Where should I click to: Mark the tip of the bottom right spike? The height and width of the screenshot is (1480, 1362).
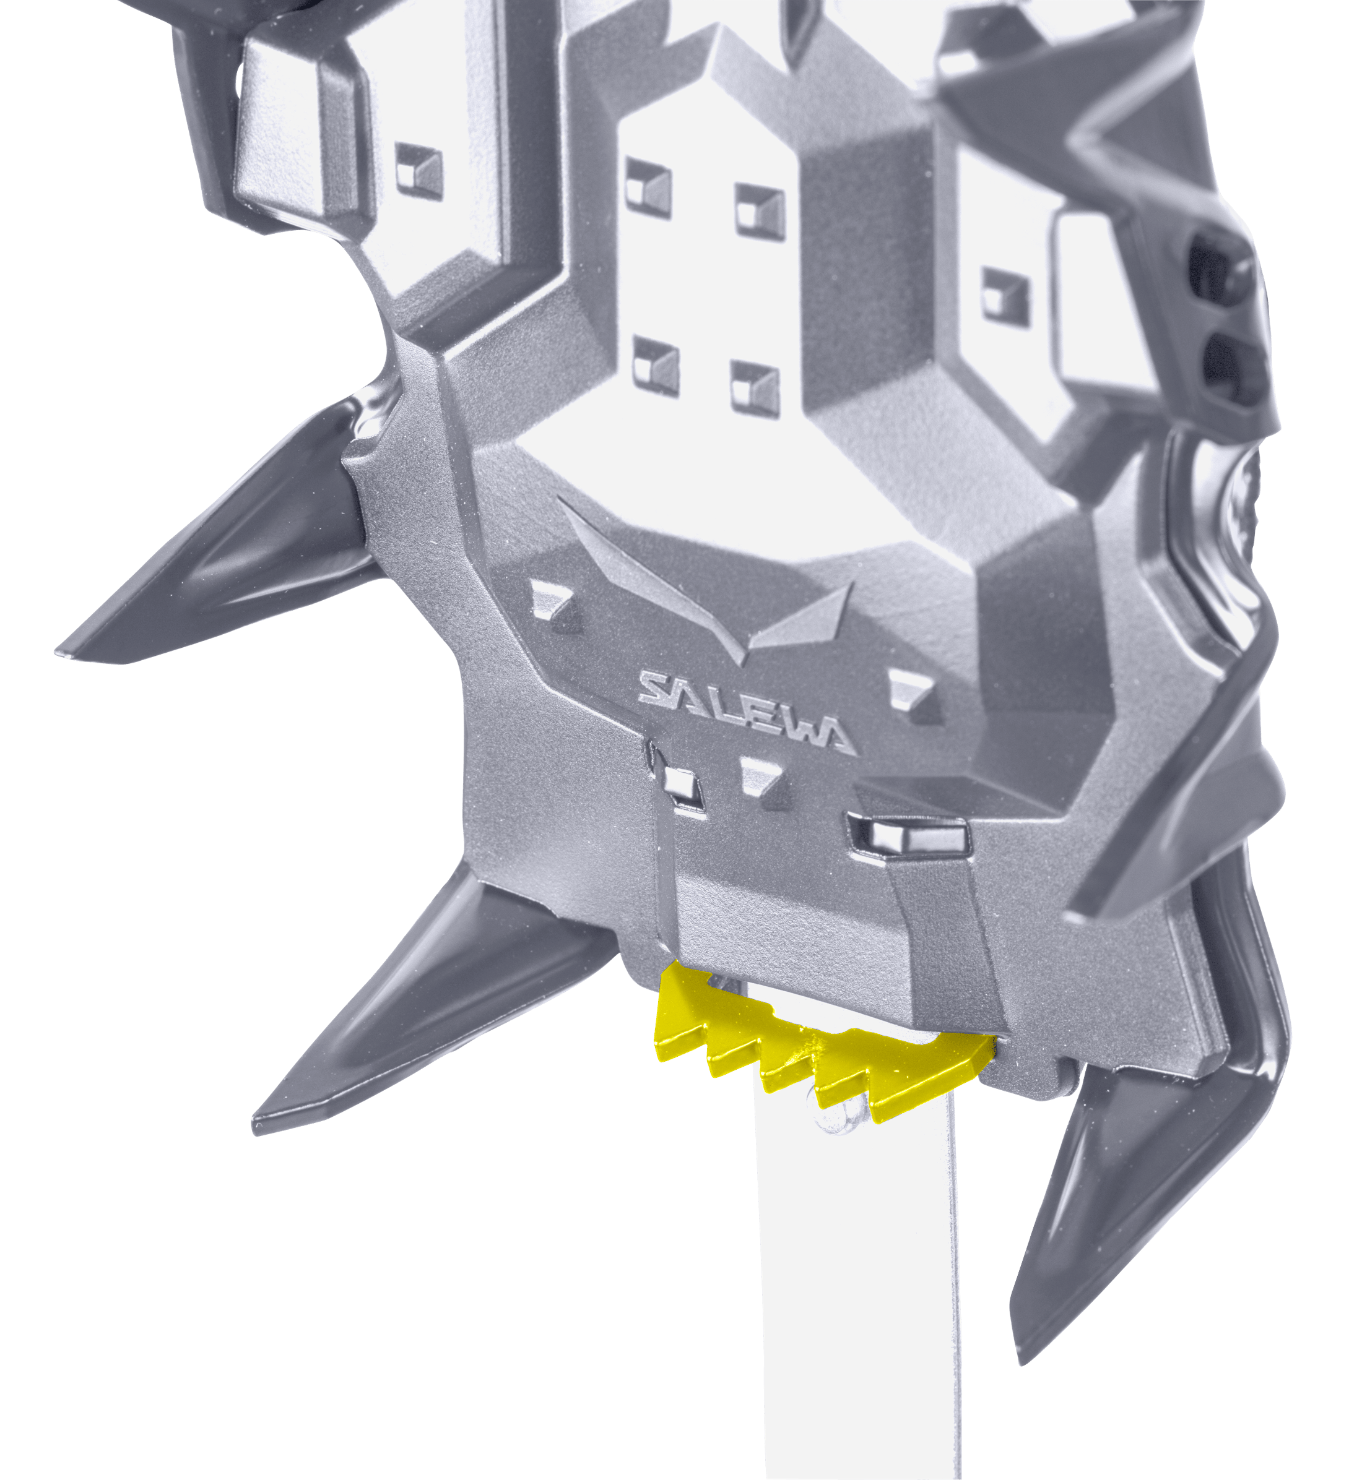point(1022,1363)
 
